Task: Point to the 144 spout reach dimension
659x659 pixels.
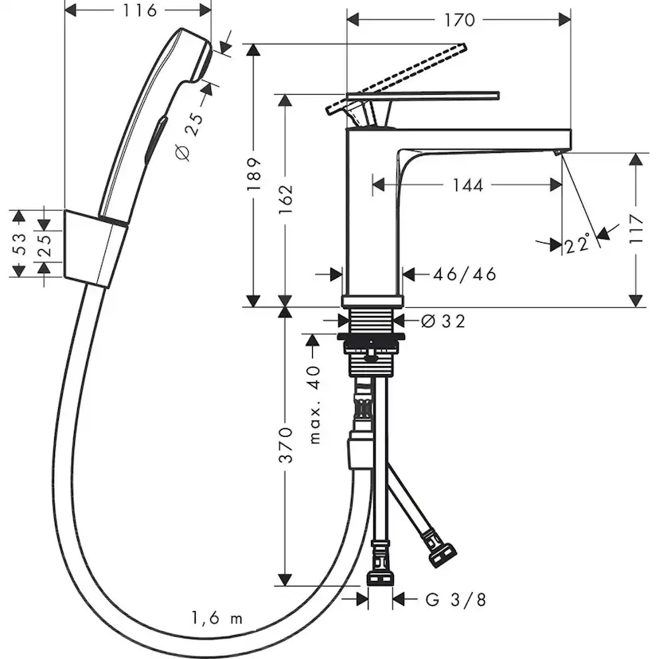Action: coord(467,185)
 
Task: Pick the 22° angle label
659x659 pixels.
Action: coord(579,243)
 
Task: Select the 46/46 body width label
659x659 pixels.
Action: coord(465,275)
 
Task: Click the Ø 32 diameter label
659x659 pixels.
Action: coord(443,321)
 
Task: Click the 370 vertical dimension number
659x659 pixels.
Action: coord(286,445)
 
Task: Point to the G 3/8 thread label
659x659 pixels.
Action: coord(455,599)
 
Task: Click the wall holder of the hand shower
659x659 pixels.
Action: coord(95,248)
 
